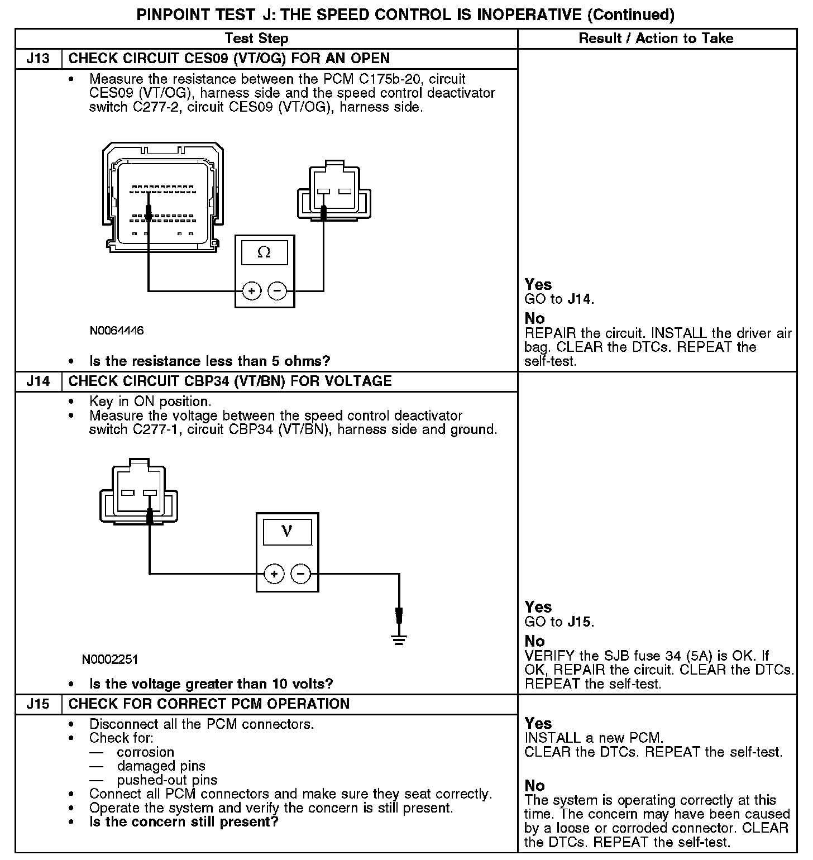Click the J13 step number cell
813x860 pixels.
click(38, 59)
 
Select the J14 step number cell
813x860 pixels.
click(38, 381)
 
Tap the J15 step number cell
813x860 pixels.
click(38, 704)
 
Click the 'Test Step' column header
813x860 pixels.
click(256, 39)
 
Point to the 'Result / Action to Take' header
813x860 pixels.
click(656, 39)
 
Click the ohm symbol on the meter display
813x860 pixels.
click(264, 252)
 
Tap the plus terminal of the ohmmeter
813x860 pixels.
click(252, 291)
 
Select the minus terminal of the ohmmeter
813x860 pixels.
click(277, 291)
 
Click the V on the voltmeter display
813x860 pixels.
click(287, 531)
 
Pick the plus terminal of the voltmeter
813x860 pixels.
click(274, 574)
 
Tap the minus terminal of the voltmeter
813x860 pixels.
click(300, 574)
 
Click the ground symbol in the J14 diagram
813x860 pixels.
click(399, 639)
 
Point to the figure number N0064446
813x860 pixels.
click(117, 331)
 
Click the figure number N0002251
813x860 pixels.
click(110, 660)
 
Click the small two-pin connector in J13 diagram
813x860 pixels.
click(334, 192)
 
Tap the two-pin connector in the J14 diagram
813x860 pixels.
click(138, 493)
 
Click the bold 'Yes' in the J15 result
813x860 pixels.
click(538, 723)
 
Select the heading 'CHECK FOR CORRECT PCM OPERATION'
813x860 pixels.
click(209, 704)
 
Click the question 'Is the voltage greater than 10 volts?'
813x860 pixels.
click(211, 684)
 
